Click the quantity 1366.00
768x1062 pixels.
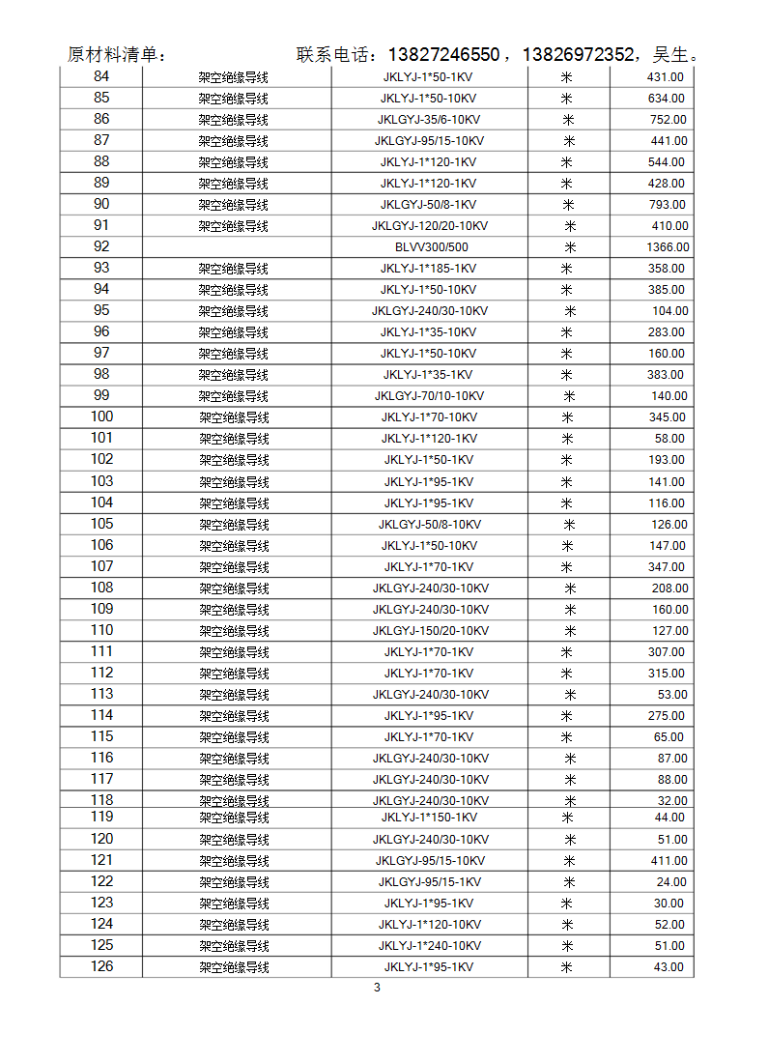tap(668, 247)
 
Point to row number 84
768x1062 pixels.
tap(101, 76)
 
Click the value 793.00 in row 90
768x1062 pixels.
tap(668, 205)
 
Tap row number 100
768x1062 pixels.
tap(101, 416)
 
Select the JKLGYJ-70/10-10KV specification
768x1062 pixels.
tap(429, 396)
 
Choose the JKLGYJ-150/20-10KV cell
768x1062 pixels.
tap(430, 631)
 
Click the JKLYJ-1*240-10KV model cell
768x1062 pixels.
tap(429, 946)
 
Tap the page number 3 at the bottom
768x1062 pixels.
tap(377, 988)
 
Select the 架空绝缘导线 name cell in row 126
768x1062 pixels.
tap(234, 967)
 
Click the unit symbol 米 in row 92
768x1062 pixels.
tap(570, 247)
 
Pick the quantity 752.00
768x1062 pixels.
tap(668, 120)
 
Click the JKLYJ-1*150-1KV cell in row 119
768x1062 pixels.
tap(429, 818)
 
